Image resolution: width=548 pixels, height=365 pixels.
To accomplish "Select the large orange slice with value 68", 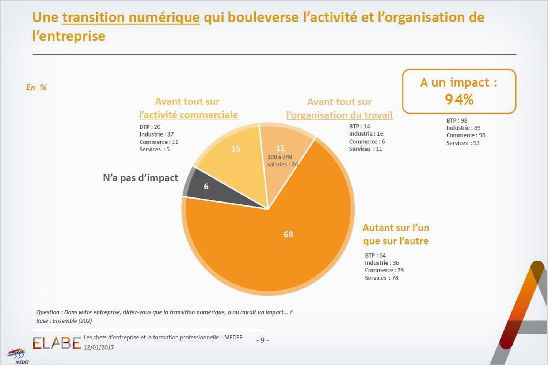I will click(x=278, y=241).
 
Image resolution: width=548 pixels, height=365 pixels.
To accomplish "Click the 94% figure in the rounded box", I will click(x=459, y=99).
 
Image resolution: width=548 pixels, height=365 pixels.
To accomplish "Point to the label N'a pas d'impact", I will click(x=140, y=178).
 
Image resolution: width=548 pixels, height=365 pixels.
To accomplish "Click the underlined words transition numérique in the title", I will click(x=131, y=17).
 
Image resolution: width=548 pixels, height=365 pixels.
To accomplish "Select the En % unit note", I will click(x=36, y=87).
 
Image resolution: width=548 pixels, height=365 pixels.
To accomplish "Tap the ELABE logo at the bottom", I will click(x=56, y=343).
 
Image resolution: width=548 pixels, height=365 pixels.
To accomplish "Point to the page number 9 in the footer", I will click(x=262, y=340).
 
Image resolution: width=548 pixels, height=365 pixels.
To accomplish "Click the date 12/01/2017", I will click(x=99, y=347).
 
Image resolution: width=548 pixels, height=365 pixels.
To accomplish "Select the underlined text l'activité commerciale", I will click(x=189, y=115).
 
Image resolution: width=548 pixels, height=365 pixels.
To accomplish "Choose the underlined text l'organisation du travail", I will click(x=339, y=115).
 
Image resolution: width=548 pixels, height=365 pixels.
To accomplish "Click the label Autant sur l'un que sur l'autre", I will click(x=396, y=234).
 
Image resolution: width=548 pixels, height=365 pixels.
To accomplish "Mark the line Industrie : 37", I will click(x=156, y=134).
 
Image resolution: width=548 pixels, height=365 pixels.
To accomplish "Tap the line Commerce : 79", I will click(x=384, y=270).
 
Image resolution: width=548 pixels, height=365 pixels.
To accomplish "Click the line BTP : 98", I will click(x=457, y=120).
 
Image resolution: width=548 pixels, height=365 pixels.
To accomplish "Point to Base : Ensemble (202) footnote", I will click(x=64, y=321).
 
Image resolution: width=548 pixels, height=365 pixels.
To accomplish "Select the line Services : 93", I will click(x=463, y=143).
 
